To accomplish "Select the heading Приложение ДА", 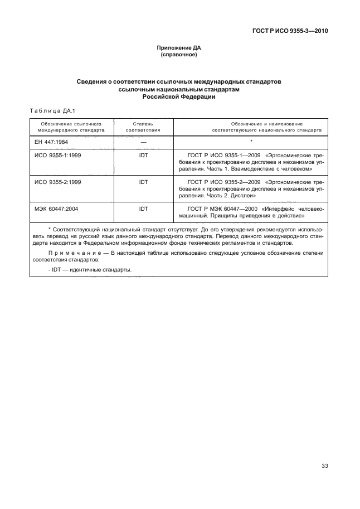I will [x=179, y=49].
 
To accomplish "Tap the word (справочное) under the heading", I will [x=179, y=56].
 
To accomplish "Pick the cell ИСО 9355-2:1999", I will [x=58, y=182].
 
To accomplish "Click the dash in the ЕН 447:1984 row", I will [x=143, y=142].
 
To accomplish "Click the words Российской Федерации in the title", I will [x=179, y=96].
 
